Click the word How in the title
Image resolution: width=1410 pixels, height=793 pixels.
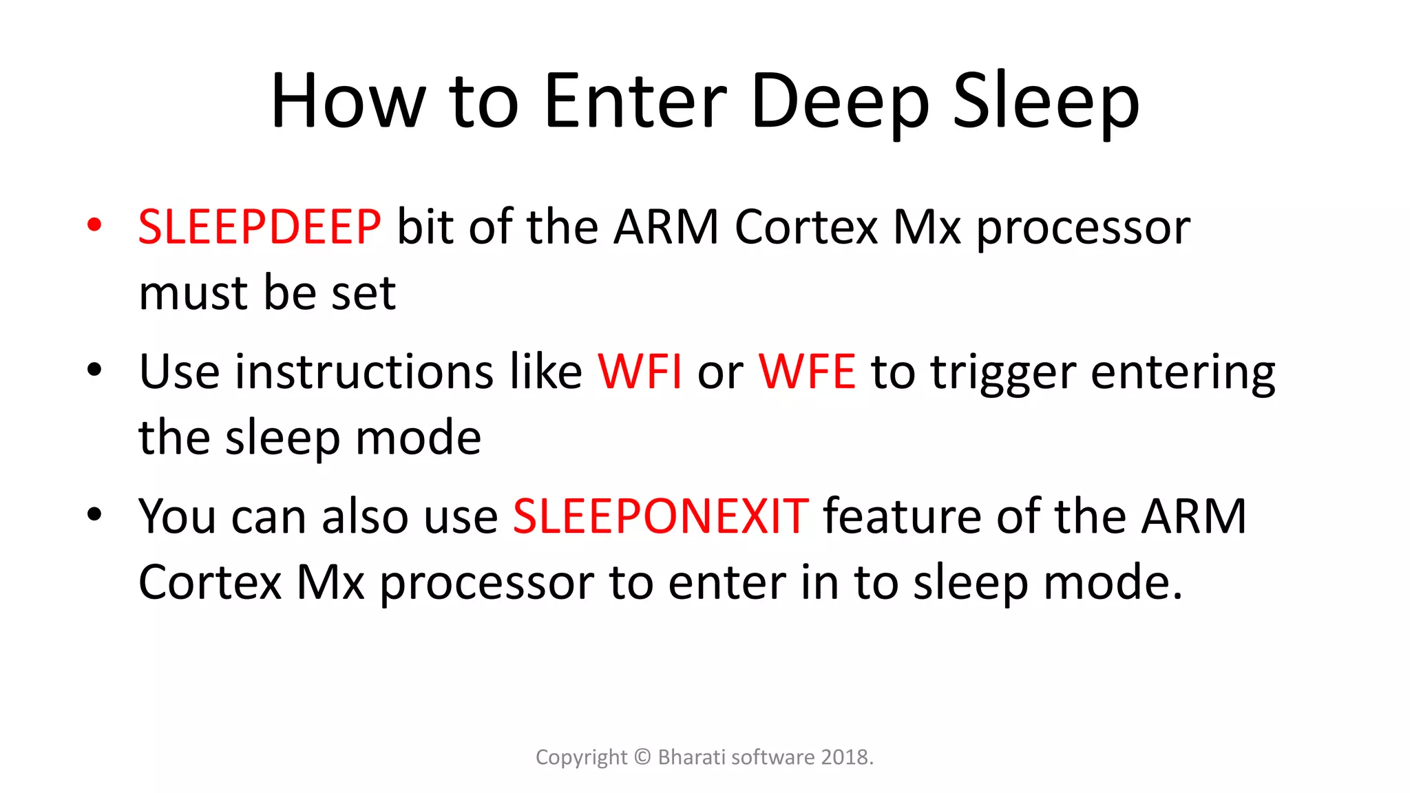[x=348, y=101]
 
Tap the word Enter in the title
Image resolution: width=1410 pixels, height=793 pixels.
[x=635, y=101]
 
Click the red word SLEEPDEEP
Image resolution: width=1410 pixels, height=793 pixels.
[x=260, y=226]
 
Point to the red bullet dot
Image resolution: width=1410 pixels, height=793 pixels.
[x=94, y=224]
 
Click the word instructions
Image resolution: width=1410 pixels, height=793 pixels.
[x=364, y=372]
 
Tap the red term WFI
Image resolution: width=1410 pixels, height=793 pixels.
[x=640, y=372]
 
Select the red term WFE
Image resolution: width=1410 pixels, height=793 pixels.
[x=807, y=372]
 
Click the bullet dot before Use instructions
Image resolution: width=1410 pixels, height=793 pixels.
[x=94, y=370]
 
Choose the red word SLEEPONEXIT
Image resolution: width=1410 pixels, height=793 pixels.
[x=660, y=516]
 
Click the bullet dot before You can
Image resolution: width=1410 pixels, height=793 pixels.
[x=94, y=514]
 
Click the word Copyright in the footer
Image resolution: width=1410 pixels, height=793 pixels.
[x=581, y=758]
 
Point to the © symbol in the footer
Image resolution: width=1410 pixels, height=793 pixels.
[x=642, y=757]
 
